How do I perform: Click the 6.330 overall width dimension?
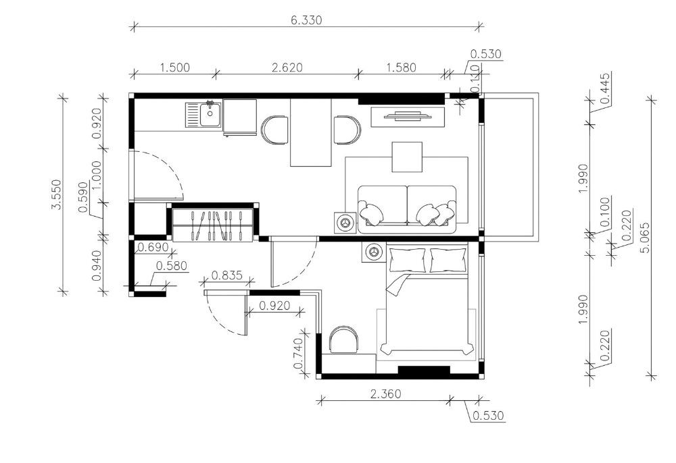pos(306,20)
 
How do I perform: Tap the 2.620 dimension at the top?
pos(287,67)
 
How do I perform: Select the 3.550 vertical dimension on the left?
pos(57,194)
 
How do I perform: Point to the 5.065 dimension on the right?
pos(646,238)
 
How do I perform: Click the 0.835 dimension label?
pos(226,275)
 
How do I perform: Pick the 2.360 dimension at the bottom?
pos(385,393)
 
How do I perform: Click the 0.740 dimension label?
pos(298,354)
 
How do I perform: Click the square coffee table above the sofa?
pos(407,157)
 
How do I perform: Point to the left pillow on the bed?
pos(408,261)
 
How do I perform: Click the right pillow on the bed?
pos(448,261)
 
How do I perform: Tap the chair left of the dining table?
pos(275,130)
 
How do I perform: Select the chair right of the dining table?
pos(347,130)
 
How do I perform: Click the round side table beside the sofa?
pos(345,223)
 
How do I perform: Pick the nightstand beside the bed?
pos(374,251)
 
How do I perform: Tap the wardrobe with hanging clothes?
pos(212,225)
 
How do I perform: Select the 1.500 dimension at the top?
pos(174,67)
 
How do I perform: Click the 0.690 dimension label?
pos(152,248)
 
